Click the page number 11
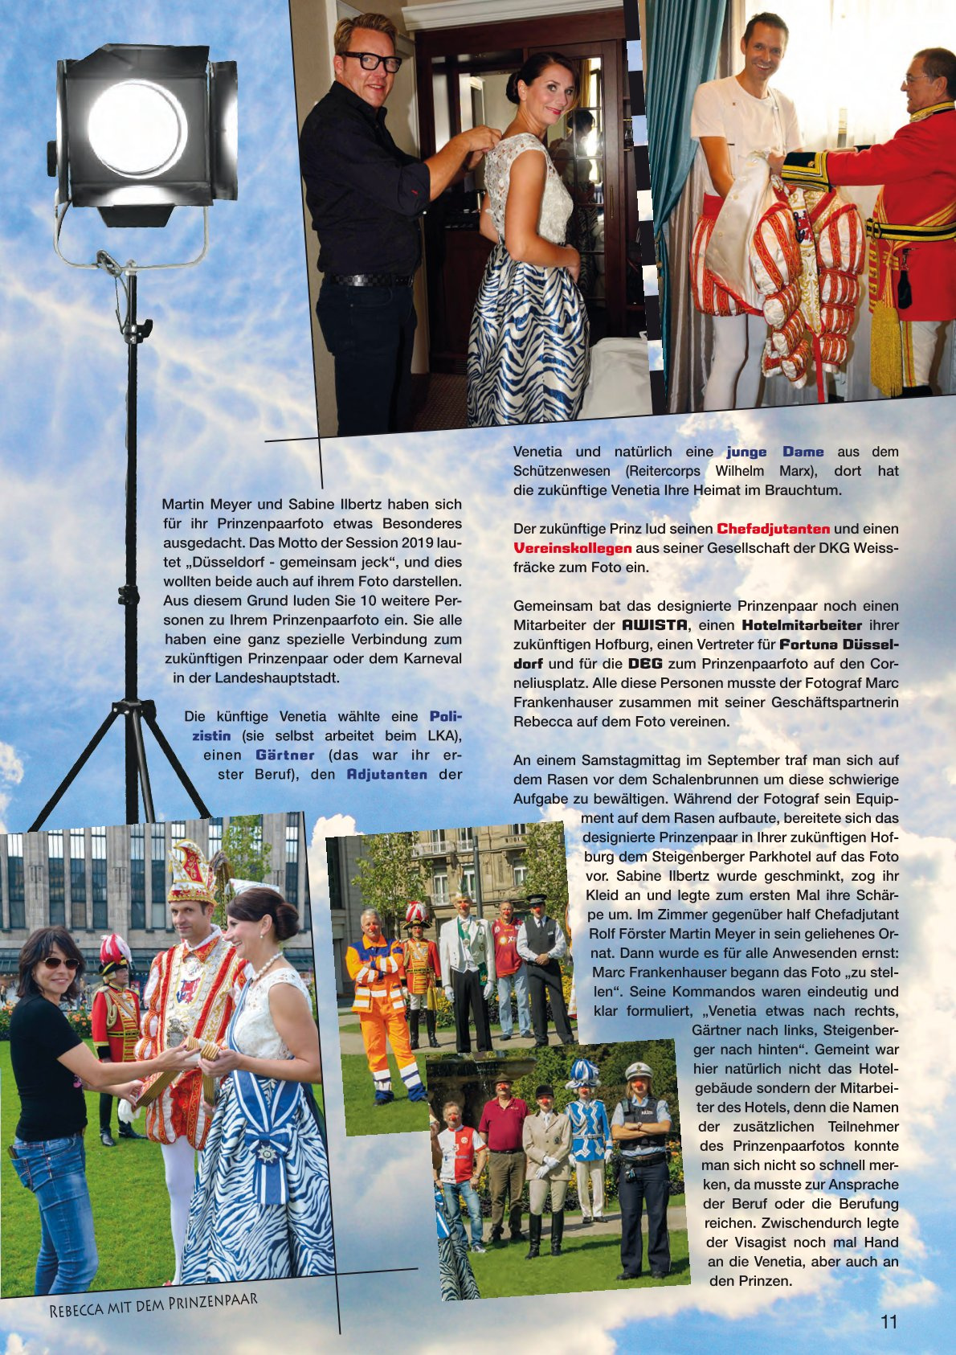tap(889, 1322)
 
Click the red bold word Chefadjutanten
tap(773, 529)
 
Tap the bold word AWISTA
tap(655, 624)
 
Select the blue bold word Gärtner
tap(285, 755)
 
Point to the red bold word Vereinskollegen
tap(573, 548)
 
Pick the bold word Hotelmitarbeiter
tap(802, 624)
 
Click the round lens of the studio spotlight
tap(137, 129)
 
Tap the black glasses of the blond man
tap(371, 61)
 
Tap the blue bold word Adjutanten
tap(387, 774)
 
